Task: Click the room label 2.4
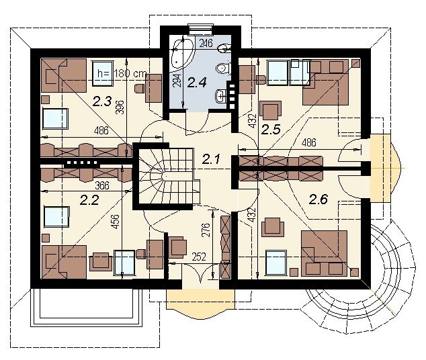[x=197, y=82]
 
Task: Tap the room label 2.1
[x=211, y=159]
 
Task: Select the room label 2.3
[x=102, y=101]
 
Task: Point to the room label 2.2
[x=89, y=200]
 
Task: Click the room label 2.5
[x=271, y=129]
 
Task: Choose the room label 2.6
[x=318, y=199]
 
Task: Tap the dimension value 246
[x=206, y=43]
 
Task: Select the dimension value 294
[x=177, y=81]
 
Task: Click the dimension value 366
[x=102, y=185]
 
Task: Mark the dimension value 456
[x=116, y=222]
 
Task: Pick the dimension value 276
[x=206, y=230]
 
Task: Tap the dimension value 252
[x=199, y=257]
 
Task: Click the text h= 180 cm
[x=122, y=73]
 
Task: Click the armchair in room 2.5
[x=270, y=111]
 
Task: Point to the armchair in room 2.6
[x=273, y=227]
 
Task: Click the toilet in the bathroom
[x=223, y=68]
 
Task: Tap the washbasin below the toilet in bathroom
[x=222, y=96]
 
